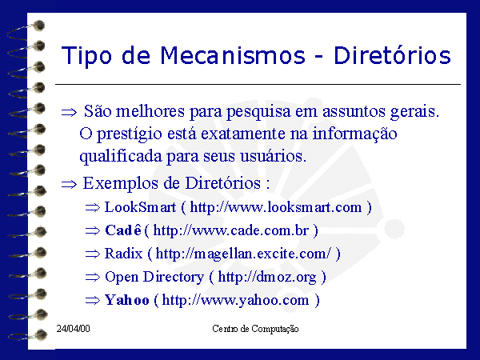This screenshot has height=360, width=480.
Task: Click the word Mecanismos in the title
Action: pyautogui.click(x=233, y=55)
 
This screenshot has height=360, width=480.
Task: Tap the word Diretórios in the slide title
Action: pyautogui.click(x=392, y=55)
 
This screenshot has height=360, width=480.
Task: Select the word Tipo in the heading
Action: pyautogui.click(x=86, y=56)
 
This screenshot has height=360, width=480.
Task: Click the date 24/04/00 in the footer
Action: pyautogui.click(x=73, y=329)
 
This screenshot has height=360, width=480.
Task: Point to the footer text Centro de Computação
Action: pyautogui.click(x=255, y=329)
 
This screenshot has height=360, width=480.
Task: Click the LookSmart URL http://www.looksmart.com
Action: pyautogui.click(x=276, y=207)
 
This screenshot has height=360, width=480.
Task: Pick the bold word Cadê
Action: pyautogui.click(x=123, y=230)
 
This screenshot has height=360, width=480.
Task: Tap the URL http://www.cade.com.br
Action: pyautogui.click(x=231, y=230)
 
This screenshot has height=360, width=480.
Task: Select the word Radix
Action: pyautogui.click(x=124, y=254)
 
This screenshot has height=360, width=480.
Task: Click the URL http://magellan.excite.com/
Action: pyautogui.click(x=243, y=254)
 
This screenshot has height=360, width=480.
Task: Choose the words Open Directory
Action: pyautogui.click(x=154, y=277)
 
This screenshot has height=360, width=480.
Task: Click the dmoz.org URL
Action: pyautogui.click(x=267, y=278)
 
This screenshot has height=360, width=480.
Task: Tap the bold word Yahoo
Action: pyautogui.click(x=127, y=300)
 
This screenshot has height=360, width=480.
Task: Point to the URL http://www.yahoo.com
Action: pyautogui.click(x=235, y=300)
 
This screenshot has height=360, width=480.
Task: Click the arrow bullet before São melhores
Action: pyautogui.click(x=69, y=112)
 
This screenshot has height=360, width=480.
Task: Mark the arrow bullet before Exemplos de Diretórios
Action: pyautogui.click(x=69, y=185)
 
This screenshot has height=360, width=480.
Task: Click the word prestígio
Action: pyautogui.click(x=130, y=134)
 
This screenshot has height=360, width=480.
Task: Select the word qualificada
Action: pyautogui.click(x=121, y=157)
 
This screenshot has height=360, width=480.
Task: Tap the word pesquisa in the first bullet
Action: pyautogui.click(x=258, y=112)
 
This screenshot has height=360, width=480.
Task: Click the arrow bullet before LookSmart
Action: pyautogui.click(x=93, y=208)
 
